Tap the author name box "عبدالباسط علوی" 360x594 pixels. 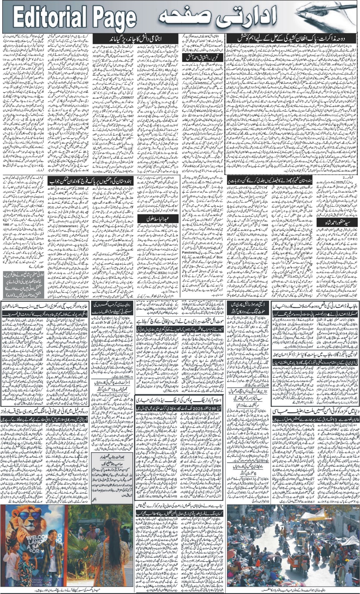click(x=157, y=218)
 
